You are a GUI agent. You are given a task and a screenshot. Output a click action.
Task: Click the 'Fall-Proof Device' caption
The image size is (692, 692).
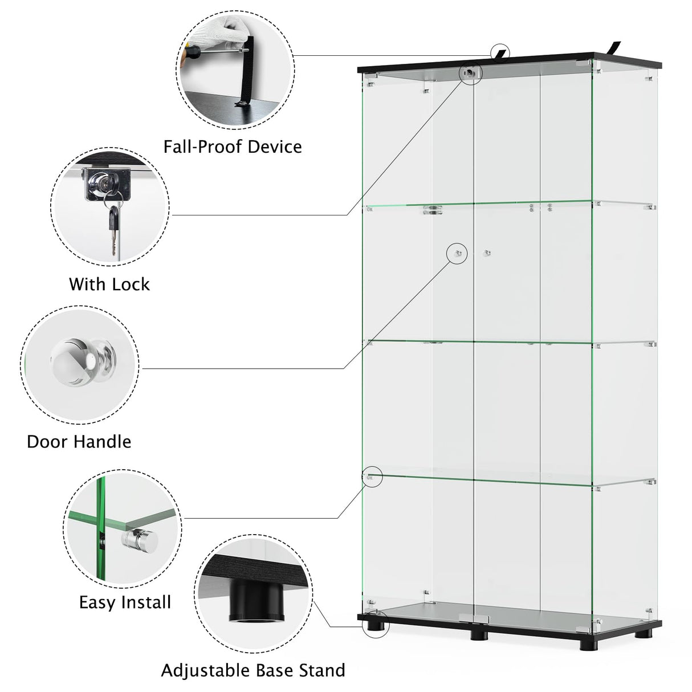tap(233, 146)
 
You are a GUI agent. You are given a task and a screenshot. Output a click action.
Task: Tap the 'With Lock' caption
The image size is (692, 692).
tap(109, 284)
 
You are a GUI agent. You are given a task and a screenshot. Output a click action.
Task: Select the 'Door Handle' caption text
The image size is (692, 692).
tap(79, 441)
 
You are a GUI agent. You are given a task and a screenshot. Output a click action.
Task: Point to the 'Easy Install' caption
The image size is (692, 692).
tap(125, 602)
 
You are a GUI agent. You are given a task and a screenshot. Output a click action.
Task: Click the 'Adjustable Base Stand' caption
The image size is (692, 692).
tap(253, 670)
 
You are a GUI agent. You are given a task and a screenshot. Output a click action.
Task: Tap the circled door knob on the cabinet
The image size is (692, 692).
tap(457, 253)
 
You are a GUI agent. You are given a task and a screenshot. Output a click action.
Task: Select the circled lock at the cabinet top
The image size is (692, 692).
tap(470, 74)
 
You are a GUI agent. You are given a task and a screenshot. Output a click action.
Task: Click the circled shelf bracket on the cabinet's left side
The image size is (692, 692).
tap(371, 477)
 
